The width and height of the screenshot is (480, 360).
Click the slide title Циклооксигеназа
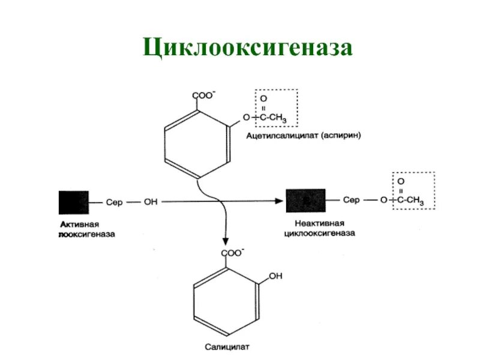pyautogui.click(x=247, y=47)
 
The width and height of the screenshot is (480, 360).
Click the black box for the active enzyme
pyautogui.click(x=73, y=202)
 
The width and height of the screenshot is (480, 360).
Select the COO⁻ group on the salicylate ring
pyautogui.click(x=233, y=253)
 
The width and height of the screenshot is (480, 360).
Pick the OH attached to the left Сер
pyautogui.click(x=151, y=202)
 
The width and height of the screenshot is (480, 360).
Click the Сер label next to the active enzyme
pyautogui.click(x=114, y=202)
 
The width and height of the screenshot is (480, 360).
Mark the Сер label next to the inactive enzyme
pyautogui.click(x=352, y=200)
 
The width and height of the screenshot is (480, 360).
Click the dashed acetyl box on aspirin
pyautogui.click(x=277, y=108)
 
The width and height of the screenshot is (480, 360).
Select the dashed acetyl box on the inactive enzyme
pyautogui.click(x=413, y=191)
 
